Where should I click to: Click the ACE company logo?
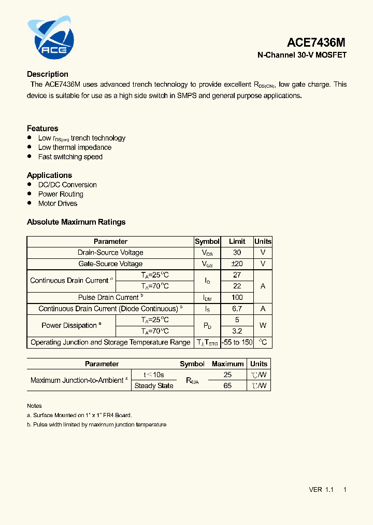point(51,38)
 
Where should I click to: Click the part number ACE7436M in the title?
point(316,43)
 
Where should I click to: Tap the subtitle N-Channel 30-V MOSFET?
point(302,55)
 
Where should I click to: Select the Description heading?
point(48,74)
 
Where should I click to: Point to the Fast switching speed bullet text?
point(70,157)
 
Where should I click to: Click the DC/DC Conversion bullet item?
point(67,185)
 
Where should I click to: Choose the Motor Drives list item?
point(58,203)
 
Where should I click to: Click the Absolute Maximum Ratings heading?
point(76,222)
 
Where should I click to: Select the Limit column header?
point(237,242)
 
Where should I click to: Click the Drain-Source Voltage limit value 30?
point(237,253)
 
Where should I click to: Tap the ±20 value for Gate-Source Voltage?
point(237,264)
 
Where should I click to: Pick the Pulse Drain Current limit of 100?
point(237,298)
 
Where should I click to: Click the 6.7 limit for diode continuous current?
point(237,309)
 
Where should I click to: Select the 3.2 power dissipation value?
point(237,331)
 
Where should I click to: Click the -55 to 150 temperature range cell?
point(237,342)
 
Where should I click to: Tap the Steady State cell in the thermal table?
point(154,386)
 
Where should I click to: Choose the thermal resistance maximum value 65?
point(227,386)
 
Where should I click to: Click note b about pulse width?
point(96,424)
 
